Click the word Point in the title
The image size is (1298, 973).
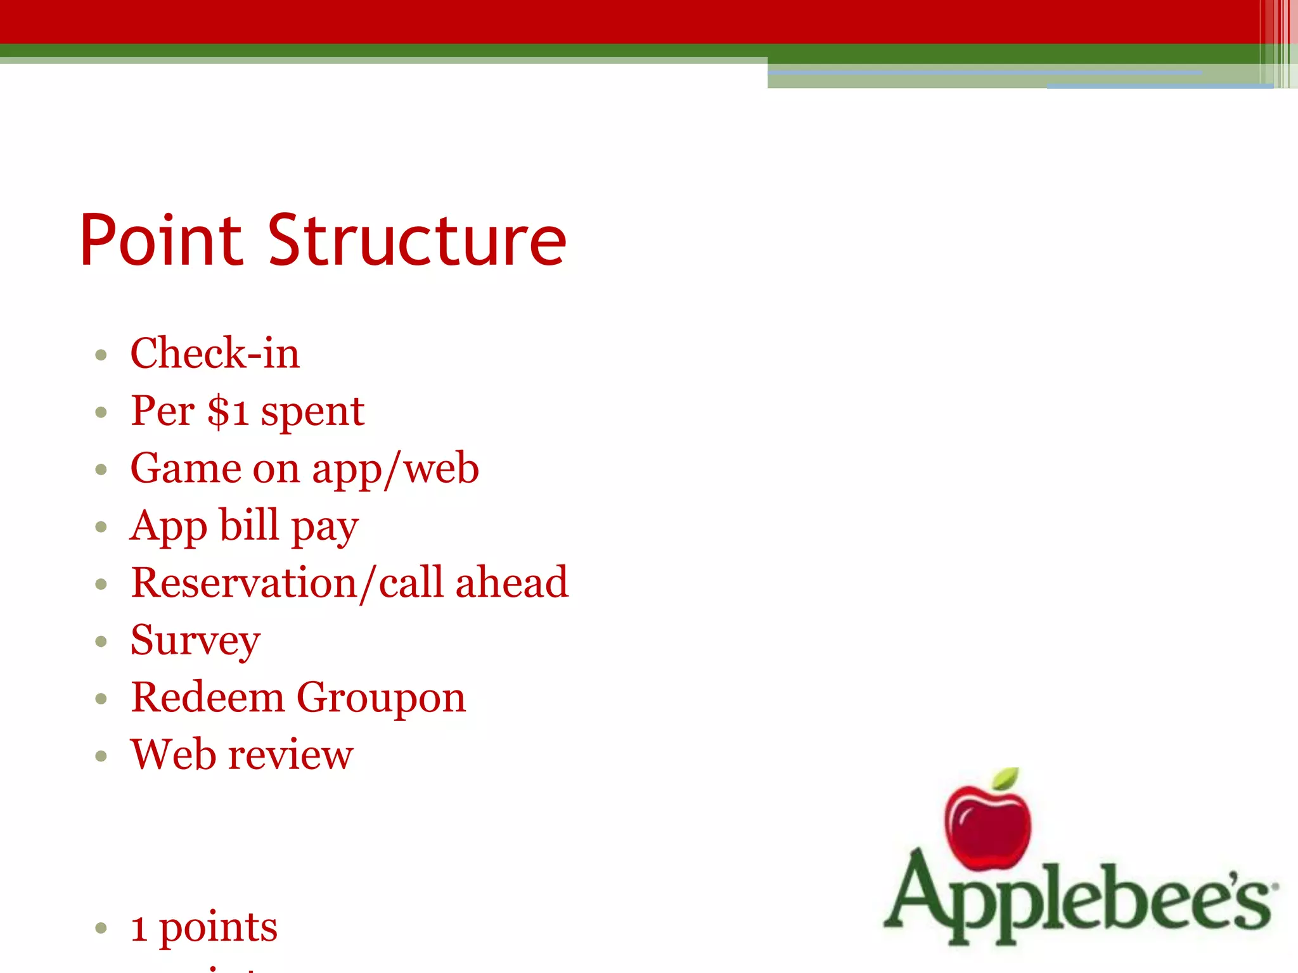(x=161, y=241)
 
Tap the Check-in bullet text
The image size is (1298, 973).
(x=214, y=353)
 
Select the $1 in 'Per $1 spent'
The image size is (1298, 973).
(x=228, y=411)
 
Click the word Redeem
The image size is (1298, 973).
(x=207, y=697)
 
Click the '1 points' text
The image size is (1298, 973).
(x=204, y=928)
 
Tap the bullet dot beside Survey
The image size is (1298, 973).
(x=101, y=642)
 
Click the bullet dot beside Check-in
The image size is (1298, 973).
(x=101, y=354)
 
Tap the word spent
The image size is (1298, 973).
(x=312, y=412)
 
